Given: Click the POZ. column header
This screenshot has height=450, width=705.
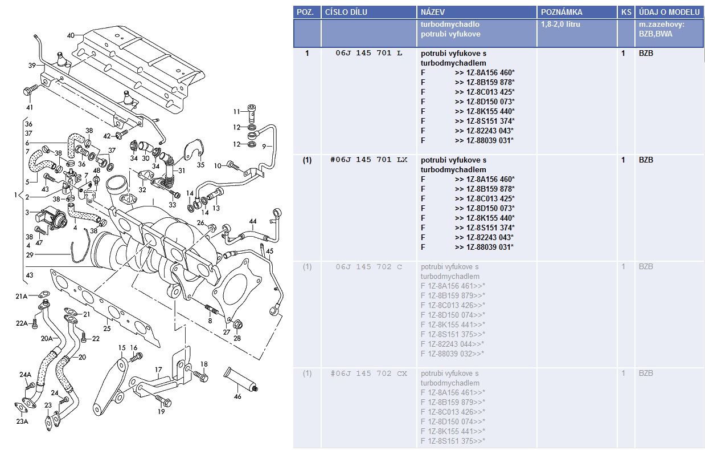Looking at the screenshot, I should point(306,12).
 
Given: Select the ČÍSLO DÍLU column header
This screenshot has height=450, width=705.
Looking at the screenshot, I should point(346,12).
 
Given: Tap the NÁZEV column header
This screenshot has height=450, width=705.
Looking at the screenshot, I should point(434,12).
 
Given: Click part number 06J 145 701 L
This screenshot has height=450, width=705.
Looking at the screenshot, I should point(369,53).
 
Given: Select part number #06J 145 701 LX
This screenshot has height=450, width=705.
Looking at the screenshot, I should point(369,160).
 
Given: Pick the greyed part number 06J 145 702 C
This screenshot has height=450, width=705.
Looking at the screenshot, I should point(369,266).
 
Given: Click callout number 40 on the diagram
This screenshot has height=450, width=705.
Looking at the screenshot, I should point(71,35).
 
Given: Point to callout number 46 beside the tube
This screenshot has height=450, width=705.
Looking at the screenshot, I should point(237,395).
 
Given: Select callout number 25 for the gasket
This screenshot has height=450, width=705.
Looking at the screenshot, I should point(106,329).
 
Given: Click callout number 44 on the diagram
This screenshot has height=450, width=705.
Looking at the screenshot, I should point(252,221).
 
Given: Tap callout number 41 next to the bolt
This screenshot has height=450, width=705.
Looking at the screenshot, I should point(29,107).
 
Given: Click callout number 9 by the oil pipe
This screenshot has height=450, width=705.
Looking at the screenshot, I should point(264,147).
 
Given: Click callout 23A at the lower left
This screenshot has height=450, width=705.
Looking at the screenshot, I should point(22,422).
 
